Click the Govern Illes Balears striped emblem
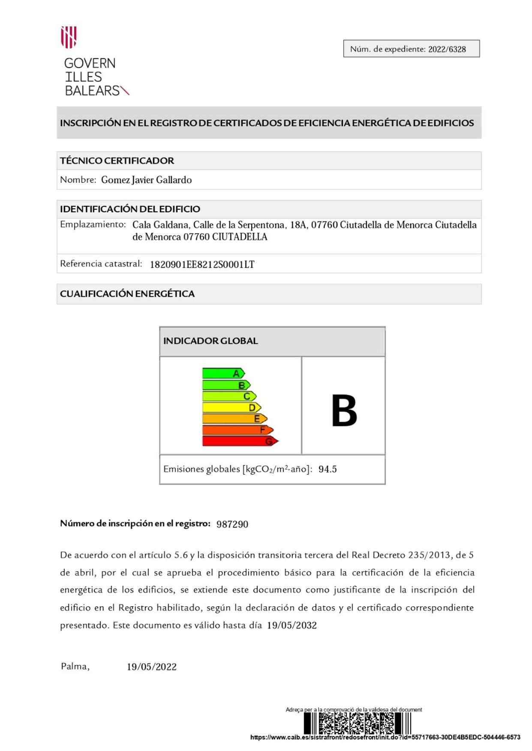69,37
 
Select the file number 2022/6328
447,49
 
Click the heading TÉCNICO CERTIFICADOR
117,161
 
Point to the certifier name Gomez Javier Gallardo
146,180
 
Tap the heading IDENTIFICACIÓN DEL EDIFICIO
130,209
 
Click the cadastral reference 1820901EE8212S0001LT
202,265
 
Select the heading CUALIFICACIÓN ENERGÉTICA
127,294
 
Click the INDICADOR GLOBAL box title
210,341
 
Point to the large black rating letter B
344,411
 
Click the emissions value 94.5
328,469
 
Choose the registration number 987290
232,525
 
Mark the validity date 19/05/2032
292,626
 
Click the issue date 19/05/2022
151,667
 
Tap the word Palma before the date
75,666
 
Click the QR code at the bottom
357,724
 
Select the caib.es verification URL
385,737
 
